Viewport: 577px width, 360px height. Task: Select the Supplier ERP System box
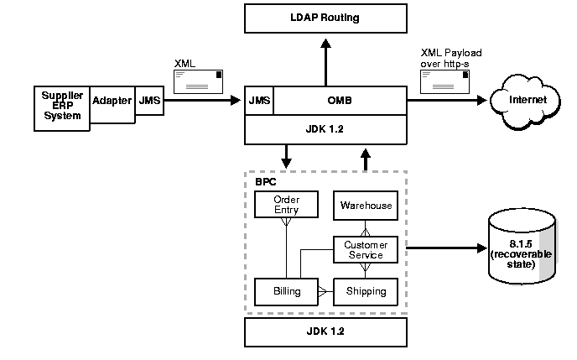tap(61, 107)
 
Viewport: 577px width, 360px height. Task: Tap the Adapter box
tap(112, 102)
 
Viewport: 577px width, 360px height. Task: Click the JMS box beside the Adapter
tap(149, 101)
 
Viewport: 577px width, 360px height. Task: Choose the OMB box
tap(340, 101)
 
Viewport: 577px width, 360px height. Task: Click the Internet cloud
tap(528, 100)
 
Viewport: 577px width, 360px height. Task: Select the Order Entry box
tap(287, 204)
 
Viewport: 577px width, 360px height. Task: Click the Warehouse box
tap(365, 205)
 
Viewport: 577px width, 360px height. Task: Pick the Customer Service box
tap(365, 249)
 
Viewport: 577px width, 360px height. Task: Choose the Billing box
tap(286, 291)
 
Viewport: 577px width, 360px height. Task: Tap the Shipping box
tap(365, 291)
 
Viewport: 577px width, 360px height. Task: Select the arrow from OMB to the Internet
tap(446, 101)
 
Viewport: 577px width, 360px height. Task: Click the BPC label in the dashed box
tap(265, 181)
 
